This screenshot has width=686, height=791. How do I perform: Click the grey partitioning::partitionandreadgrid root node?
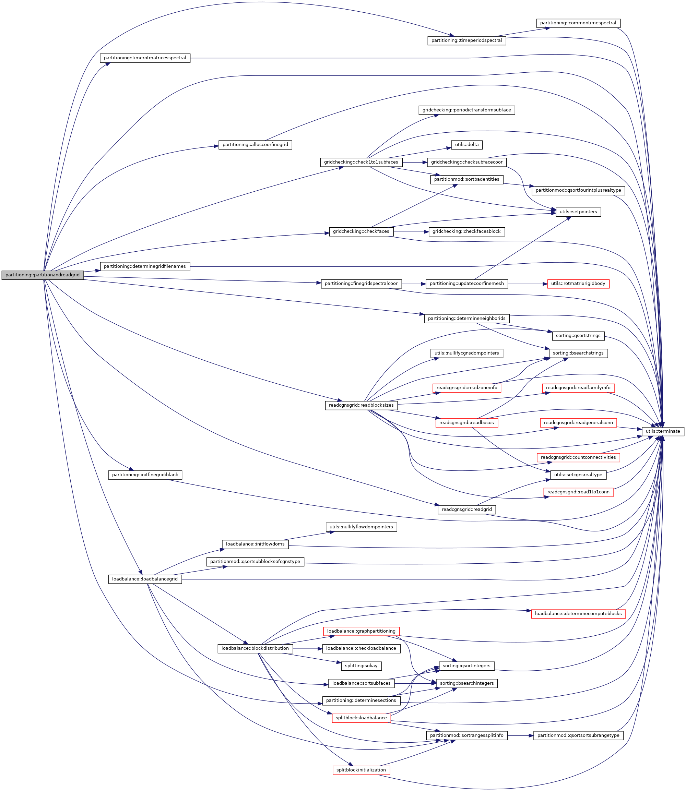[x=43, y=275]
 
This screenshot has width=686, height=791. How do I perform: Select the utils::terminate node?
[x=663, y=431]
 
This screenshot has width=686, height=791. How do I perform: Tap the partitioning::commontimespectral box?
[x=578, y=23]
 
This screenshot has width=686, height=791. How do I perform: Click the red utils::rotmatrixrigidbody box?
[x=578, y=284]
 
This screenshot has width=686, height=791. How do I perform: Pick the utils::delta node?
[x=466, y=145]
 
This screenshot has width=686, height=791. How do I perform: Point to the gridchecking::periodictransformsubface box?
[x=466, y=110]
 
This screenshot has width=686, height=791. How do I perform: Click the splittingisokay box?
[x=361, y=666]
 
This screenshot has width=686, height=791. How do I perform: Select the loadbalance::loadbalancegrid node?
[x=145, y=579]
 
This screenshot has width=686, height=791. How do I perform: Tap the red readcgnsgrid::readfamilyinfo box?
[x=578, y=388]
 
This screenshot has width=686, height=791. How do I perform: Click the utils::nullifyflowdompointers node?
[x=361, y=527]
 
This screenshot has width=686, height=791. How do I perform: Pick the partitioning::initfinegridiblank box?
[x=145, y=475]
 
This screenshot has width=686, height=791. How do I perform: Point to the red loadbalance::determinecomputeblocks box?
[x=578, y=613]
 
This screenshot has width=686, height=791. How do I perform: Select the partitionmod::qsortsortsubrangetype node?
[x=578, y=735]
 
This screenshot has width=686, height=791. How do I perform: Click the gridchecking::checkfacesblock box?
[x=466, y=231]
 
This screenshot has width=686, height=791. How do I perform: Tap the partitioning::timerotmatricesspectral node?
[x=145, y=58]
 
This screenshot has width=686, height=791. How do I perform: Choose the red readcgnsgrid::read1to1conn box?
[x=578, y=492]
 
